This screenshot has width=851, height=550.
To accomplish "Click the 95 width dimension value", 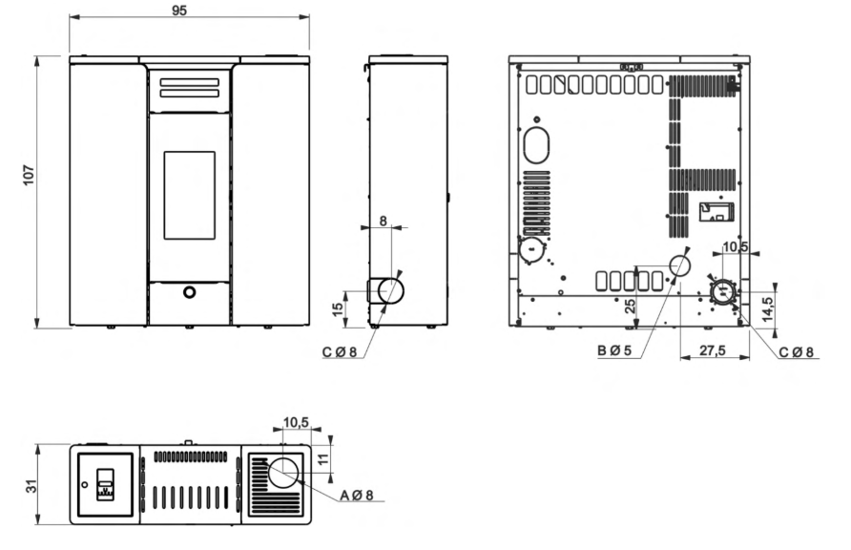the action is coord(179,11).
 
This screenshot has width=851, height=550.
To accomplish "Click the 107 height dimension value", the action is coord(29,176).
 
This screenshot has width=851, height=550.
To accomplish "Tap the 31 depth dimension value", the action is coord(32,486).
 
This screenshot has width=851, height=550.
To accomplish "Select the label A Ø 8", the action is coord(357,496).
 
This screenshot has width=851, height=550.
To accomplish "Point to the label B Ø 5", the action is coord(614,350).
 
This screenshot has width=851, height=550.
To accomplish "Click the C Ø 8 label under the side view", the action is coord(340,351).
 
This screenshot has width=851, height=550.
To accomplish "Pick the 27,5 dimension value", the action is coord(712,350).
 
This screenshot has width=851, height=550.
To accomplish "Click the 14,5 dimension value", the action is coord(767,309).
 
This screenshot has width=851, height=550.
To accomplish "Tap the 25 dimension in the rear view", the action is coord(630,307).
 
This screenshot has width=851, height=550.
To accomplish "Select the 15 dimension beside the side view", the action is coord(338,309).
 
